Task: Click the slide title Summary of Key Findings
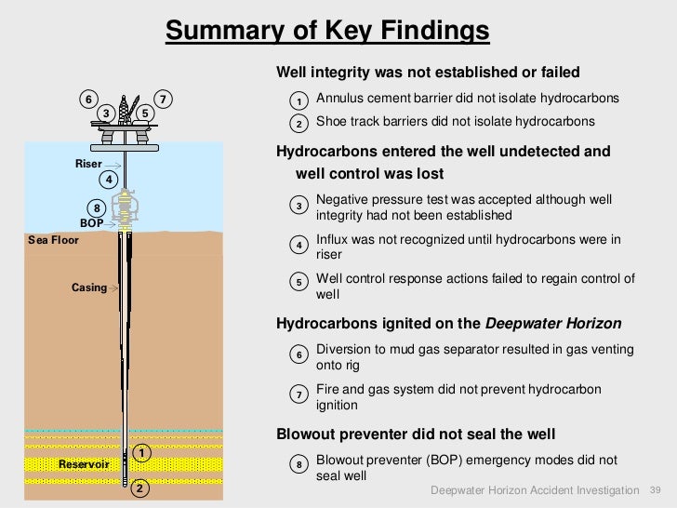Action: point(327,31)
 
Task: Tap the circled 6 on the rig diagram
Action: point(88,99)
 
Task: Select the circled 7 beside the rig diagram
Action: point(163,99)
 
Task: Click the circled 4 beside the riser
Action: point(109,179)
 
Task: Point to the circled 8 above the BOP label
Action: point(96,207)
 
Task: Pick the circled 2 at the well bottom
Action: point(139,488)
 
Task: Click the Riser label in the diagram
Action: point(88,164)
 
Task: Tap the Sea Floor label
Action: point(53,240)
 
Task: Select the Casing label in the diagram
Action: point(89,287)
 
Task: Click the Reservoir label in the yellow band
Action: point(84,463)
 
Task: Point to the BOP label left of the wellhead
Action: point(91,223)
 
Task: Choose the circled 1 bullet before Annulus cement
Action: point(299,100)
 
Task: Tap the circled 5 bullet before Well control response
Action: point(299,283)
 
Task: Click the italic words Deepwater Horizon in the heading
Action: point(553,324)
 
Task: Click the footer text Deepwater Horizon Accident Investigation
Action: point(535,490)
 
